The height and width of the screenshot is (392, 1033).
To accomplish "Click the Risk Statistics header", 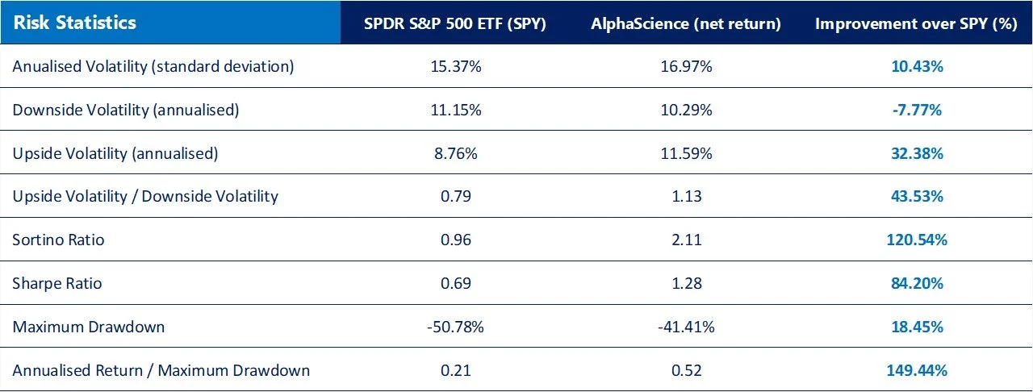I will pyautogui.click(x=74, y=23).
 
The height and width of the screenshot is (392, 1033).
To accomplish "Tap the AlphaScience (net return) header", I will pyautogui.click(x=685, y=23).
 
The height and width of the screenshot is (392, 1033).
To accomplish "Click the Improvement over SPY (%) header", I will pyautogui.click(x=915, y=23).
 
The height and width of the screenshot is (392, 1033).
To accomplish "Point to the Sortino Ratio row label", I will pyautogui.click(x=58, y=240).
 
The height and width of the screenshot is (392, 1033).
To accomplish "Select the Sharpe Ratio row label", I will pyautogui.click(x=57, y=283).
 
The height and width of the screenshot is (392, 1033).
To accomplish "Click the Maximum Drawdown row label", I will pyautogui.click(x=88, y=327).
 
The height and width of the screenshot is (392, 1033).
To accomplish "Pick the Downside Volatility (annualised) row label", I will pyautogui.click(x=126, y=110).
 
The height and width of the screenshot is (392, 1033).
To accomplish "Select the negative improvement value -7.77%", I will pyautogui.click(x=915, y=110).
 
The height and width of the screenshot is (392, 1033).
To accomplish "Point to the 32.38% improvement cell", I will pyautogui.click(x=915, y=153).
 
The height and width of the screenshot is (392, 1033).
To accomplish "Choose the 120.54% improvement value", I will pyautogui.click(x=915, y=240).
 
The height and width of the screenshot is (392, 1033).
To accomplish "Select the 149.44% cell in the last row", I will pyautogui.click(x=915, y=370).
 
